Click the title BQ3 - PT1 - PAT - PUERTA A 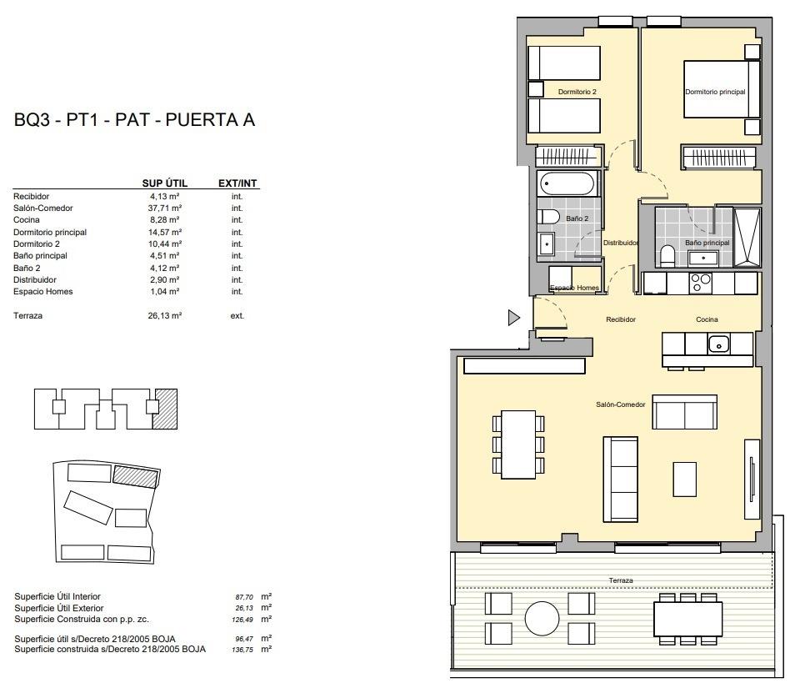134,120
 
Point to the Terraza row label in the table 27,316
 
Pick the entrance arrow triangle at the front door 513,317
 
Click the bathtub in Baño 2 567,183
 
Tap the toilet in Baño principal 667,254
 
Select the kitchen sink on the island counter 718,343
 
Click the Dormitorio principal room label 715,92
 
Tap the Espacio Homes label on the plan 574,288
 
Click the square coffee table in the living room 684,478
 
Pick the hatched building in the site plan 135,476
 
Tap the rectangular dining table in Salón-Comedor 518,444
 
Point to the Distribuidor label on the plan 621,243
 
